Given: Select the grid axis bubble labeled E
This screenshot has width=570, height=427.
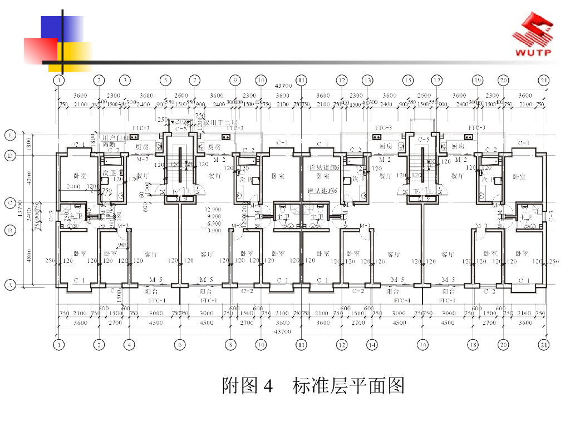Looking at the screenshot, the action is (x=9, y=135).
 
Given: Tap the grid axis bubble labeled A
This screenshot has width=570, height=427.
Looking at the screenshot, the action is (x=9, y=286).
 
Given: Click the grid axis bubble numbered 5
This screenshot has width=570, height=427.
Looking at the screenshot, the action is (x=166, y=81).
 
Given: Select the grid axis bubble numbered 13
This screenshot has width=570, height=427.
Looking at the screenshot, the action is (x=367, y=81).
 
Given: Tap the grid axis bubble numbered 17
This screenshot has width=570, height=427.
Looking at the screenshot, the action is (x=437, y=81).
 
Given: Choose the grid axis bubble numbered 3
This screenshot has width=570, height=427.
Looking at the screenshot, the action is (x=125, y=81).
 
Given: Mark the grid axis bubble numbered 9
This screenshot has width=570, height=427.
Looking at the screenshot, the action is (x=235, y=81).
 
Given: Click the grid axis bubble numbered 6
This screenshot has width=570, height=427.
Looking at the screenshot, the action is (x=179, y=345).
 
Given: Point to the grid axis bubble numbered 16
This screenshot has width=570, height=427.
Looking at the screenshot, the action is (x=422, y=345).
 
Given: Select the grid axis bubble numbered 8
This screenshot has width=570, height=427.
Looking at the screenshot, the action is (x=231, y=345).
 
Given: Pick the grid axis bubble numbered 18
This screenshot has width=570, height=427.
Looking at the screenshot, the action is (x=473, y=345).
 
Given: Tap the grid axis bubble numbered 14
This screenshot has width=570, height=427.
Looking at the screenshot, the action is (x=371, y=345).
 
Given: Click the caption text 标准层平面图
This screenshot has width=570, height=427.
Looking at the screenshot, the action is (x=348, y=385).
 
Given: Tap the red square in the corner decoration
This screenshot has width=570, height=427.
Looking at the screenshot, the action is (x=39, y=50).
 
